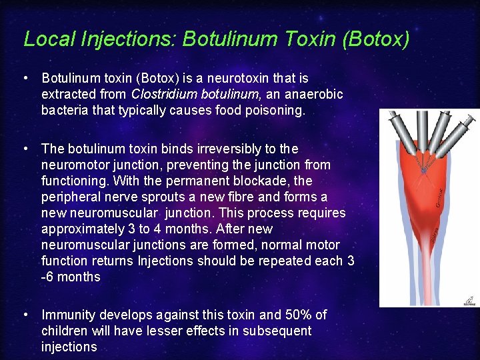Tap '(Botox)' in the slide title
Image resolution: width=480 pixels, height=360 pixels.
click(375, 39)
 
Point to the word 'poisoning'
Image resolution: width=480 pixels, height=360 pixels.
click(274, 111)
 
